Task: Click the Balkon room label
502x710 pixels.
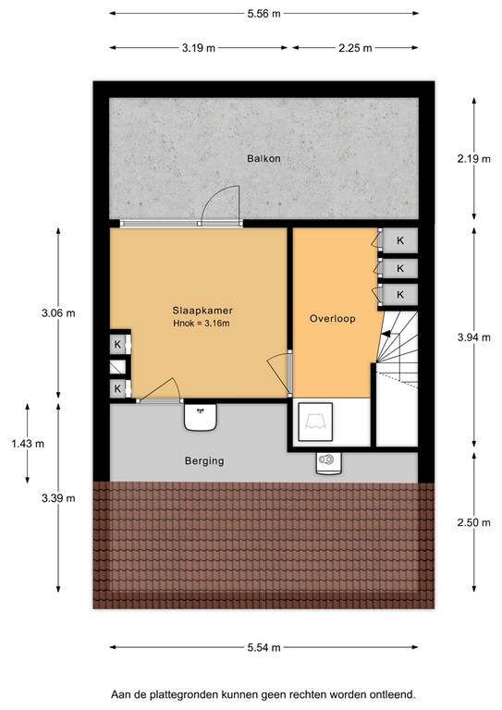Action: (x=263, y=158)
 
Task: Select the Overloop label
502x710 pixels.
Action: (x=332, y=318)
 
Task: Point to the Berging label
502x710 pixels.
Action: (x=203, y=460)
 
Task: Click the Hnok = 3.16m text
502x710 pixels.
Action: (x=201, y=324)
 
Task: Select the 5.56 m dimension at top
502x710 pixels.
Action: (x=263, y=13)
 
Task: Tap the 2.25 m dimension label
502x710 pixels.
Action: (x=354, y=48)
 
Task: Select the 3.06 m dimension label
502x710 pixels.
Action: (x=58, y=312)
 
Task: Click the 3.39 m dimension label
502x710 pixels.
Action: (x=58, y=497)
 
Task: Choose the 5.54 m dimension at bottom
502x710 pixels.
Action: (x=263, y=647)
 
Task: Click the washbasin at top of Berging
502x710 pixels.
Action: (x=201, y=417)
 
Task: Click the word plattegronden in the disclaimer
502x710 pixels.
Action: (x=190, y=692)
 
